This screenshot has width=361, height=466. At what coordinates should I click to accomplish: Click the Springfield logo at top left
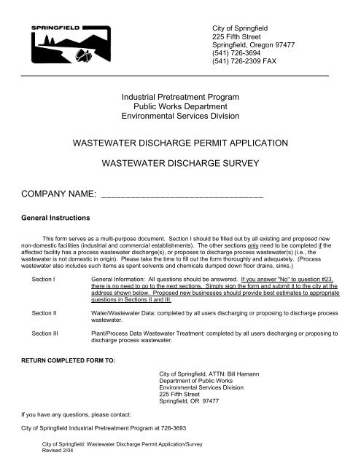[x=70, y=45]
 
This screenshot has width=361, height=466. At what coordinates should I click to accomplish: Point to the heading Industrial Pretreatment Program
[x=180, y=97]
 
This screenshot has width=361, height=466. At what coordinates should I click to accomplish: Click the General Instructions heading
[x=50, y=218]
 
